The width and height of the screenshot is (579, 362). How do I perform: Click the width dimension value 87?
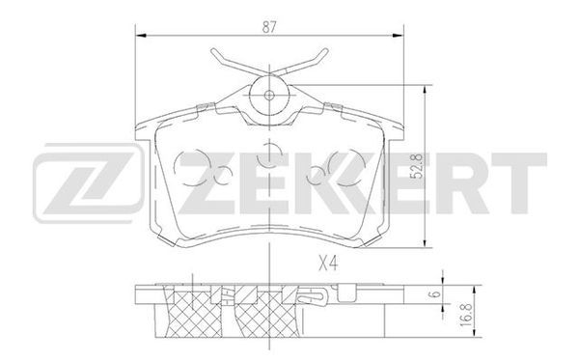point(269,27)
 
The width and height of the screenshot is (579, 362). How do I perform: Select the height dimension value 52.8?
point(417,166)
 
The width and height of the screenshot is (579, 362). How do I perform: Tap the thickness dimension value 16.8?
point(467,314)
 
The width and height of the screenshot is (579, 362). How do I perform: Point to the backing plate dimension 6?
point(436,294)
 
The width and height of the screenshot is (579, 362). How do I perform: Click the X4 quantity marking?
point(328,264)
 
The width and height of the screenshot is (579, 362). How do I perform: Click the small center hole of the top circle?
point(269,96)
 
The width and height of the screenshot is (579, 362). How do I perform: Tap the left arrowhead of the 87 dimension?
point(142,36)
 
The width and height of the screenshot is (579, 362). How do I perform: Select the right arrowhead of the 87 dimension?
point(398,36)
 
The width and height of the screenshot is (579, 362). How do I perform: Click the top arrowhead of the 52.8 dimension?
point(426,91)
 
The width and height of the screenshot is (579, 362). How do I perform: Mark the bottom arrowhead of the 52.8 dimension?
point(426,241)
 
